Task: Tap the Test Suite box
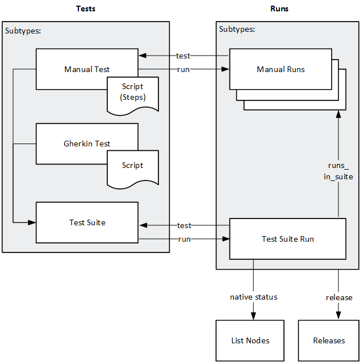[x=87, y=222]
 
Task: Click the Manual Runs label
[x=281, y=69]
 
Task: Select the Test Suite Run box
[x=287, y=239]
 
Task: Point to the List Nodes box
[x=250, y=340]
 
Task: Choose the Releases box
[x=329, y=340]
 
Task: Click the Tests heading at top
[x=86, y=9]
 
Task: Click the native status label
[x=253, y=297]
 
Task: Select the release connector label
[x=339, y=297]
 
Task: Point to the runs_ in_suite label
[x=340, y=171]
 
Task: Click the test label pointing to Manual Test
[x=183, y=56]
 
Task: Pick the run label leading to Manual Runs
[x=183, y=69]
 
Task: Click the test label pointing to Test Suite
[x=184, y=225]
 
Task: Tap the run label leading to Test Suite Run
[x=184, y=239]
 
